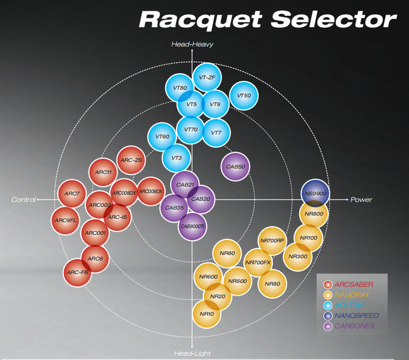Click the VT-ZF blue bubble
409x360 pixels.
click(x=207, y=77)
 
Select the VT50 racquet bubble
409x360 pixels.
click(x=244, y=96)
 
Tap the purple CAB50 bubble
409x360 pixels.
click(x=236, y=166)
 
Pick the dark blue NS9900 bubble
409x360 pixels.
click(x=315, y=193)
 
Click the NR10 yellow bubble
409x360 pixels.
click(x=207, y=313)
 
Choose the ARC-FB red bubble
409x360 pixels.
click(x=77, y=272)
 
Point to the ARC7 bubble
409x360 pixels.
click(x=72, y=194)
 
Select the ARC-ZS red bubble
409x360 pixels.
click(x=131, y=160)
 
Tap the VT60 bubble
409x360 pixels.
click(x=163, y=137)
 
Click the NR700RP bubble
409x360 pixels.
click(x=272, y=240)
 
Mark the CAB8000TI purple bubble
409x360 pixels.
click(x=192, y=226)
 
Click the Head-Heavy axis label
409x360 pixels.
click(x=192, y=44)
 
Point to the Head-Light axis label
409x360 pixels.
click(x=192, y=353)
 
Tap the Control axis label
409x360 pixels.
click(x=23, y=199)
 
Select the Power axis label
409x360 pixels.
click(x=361, y=199)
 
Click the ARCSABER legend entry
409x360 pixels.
click(x=353, y=284)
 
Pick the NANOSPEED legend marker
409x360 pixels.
click(x=328, y=316)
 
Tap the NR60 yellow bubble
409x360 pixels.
click(x=227, y=253)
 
